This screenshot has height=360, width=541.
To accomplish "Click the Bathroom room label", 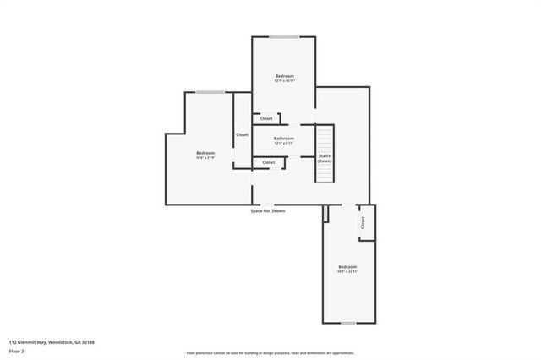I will [x=284, y=139].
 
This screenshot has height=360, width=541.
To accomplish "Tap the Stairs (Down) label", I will [x=325, y=158].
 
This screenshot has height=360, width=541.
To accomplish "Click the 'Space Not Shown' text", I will [x=268, y=210].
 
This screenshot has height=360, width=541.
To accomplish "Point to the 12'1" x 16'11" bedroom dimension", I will [x=284, y=81].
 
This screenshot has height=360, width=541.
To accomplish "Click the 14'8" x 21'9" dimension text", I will [x=205, y=158].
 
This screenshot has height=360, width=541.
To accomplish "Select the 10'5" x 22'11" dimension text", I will [x=347, y=272].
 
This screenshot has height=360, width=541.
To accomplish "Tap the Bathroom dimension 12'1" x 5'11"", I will [x=284, y=144].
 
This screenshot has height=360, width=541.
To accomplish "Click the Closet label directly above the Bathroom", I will [x=266, y=119].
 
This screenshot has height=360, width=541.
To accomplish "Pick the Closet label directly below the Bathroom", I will [x=269, y=162].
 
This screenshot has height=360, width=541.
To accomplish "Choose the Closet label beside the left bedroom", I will [x=242, y=134].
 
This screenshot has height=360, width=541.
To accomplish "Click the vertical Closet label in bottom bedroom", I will [x=363, y=223].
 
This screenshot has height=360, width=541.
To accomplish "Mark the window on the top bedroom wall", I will [x=284, y=36].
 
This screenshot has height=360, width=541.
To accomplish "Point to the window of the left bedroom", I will [x=210, y=92].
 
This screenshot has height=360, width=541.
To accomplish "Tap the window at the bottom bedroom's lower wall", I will [x=347, y=323].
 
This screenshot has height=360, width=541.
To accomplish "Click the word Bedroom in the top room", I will [x=284, y=76].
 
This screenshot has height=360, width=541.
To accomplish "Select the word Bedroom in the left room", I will [x=205, y=153].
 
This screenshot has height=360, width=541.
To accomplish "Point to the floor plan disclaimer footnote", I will [x=270, y=353].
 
